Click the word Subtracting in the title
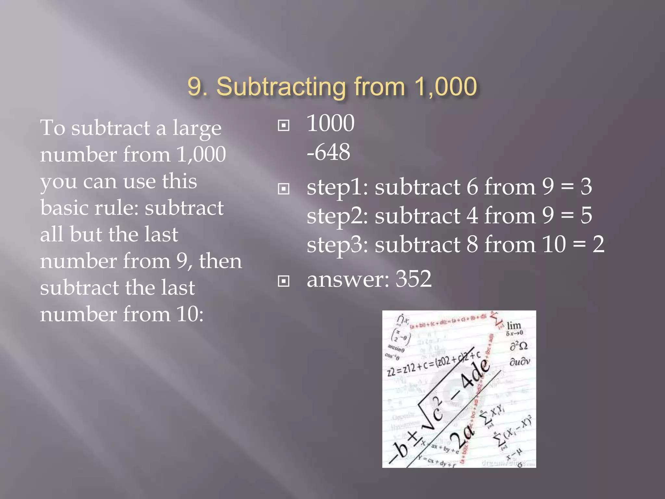click(x=281, y=87)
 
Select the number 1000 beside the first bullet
click(x=330, y=123)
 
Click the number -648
click(x=328, y=152)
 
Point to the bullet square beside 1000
click(x=283, y=125)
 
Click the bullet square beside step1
click(x=283, y=189)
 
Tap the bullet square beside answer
click(x=283, y=281)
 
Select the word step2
click(x=337, y=216)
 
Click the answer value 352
click(x=413, y=279)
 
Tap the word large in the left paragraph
click(x=197, y=128)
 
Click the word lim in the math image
click(x=514, y=325)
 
